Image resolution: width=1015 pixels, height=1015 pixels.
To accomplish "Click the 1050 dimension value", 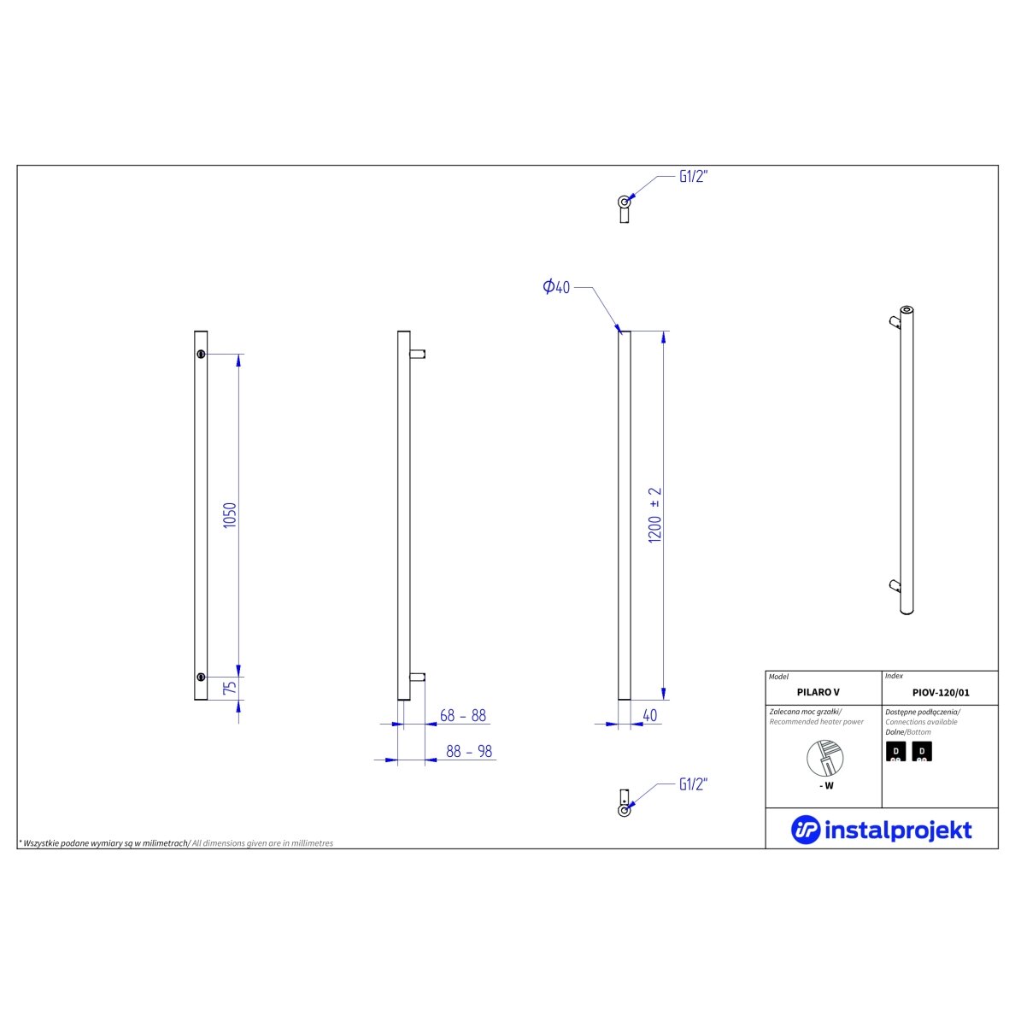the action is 230,515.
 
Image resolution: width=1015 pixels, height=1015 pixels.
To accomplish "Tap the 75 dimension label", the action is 230,688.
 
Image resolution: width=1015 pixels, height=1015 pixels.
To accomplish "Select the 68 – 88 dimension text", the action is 463,715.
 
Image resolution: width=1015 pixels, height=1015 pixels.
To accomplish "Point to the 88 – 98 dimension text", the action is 469,751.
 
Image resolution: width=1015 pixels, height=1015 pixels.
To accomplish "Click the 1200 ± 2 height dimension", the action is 655,514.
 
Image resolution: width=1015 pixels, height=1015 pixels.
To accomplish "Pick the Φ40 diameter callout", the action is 556,286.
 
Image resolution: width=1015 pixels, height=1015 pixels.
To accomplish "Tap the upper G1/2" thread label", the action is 693,176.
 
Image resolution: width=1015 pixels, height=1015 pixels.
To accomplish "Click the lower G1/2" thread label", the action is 693,784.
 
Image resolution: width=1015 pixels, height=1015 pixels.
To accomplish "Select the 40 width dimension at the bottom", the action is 650,715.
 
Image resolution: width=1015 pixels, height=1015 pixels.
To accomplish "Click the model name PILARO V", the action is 818,692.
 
